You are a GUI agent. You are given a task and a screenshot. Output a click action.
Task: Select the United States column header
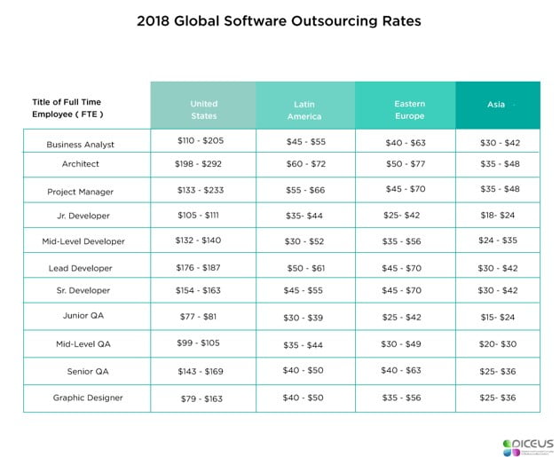[x=203, y=110]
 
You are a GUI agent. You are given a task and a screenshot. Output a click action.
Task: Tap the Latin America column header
[x=304, y=110]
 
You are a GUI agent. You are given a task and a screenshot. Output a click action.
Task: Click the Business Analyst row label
[x=80, y=144]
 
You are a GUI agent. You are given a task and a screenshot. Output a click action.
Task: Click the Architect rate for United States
[x=203, y=164]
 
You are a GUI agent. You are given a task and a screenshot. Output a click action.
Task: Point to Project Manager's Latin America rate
[x=306, y=189]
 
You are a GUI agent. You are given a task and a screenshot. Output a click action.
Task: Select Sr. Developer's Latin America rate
[x=306, y=290]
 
